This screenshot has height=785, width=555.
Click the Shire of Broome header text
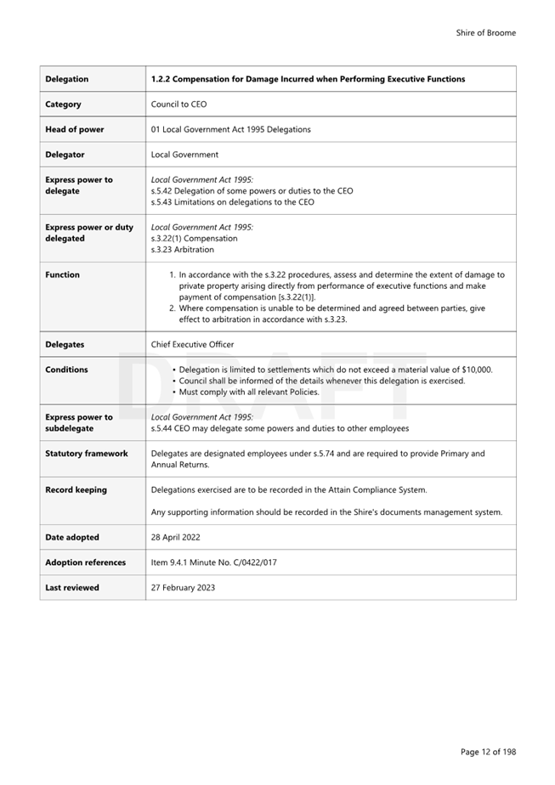(485, 33)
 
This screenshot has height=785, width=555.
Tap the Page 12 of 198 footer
(488, 752)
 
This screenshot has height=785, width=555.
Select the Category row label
(64, 104)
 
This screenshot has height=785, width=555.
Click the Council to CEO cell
(178, 104)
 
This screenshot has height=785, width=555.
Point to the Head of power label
(76, 130)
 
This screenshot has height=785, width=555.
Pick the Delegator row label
(65, 155)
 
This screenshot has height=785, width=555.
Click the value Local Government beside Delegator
(184, 155)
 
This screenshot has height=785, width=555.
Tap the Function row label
(62, 275)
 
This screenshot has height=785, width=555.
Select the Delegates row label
(65, 345)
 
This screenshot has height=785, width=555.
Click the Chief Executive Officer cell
(192, 345)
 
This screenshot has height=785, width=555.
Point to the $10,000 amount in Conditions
(476, 370)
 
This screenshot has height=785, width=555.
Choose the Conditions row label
(66, 370)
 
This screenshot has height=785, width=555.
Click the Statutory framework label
(87, 454)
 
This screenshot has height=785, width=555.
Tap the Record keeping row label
(76, 490)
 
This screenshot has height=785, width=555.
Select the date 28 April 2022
(176, 538)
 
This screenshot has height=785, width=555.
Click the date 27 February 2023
(183, 588)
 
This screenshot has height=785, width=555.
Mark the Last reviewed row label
(72, 588)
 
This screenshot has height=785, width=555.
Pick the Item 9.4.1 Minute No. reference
(213, 562)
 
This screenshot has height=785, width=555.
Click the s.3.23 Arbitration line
(183, 250)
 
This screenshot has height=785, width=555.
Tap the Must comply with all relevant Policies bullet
(249, 392)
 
